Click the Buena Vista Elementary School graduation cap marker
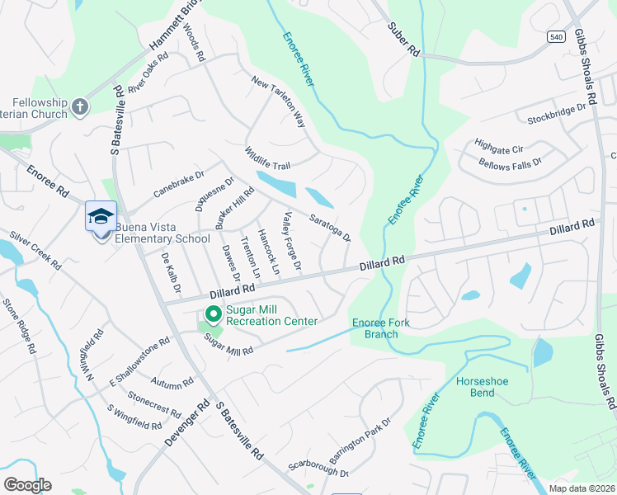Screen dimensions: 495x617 [x=101, y=217]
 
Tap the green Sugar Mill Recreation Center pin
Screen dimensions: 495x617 [x=213, y=313]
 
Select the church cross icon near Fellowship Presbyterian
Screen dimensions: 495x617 [x=80, y=106]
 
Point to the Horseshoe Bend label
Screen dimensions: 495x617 [x=487, y=387]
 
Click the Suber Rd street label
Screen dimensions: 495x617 [x=404, y=40]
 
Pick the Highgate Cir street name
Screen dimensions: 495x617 [x=499, y=146]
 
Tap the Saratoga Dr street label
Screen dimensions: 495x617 [x=330, y=227]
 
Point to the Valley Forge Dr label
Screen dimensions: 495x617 [x=292, y=242]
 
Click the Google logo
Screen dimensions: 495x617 [x=27, y=484]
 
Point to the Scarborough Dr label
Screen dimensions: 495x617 [x=318, y=467]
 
